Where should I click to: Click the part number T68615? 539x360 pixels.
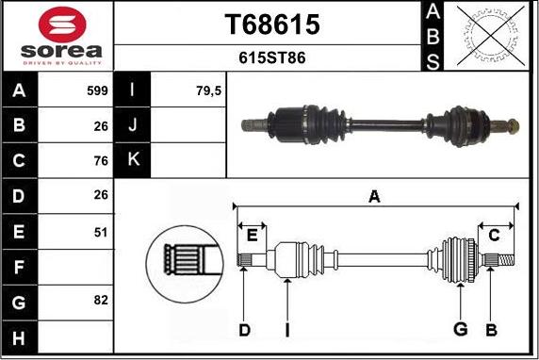pos(272,25)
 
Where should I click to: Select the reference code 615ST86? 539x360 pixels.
pos(272,57)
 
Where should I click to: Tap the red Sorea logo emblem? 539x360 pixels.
pos(62,25)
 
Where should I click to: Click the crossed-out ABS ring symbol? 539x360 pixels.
pos(491,36)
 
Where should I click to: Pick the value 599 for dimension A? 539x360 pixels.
pos(97,90)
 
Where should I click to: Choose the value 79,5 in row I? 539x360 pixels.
pos(208,91)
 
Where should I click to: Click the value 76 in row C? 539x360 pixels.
pos(101,160)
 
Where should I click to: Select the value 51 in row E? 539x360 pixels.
pos(101,233)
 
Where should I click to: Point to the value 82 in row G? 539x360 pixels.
pos(101,301)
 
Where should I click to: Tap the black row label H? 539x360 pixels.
pos(19,338)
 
